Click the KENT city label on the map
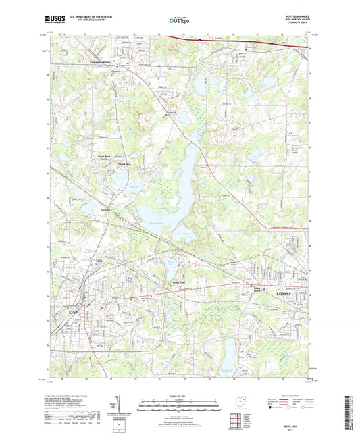click(74, 313)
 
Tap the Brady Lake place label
click(178, 282)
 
